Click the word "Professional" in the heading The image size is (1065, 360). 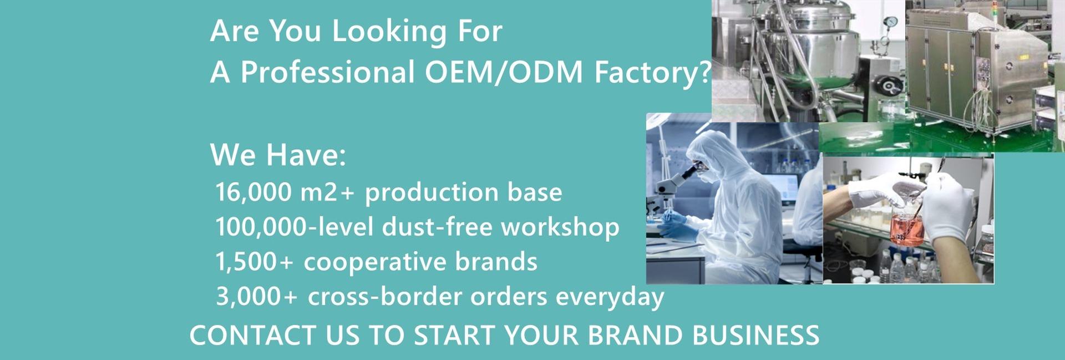click(x=327, y=73)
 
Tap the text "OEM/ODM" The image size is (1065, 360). click(x=504, y=73)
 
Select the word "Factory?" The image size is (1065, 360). click(x=652, y=73)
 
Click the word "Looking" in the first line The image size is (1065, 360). click(x=389, y=31)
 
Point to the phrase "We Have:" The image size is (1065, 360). click(x=278, y=155)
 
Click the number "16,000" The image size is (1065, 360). click(x=253, y=192)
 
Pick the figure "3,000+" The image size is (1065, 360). click(x=256, y=297)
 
